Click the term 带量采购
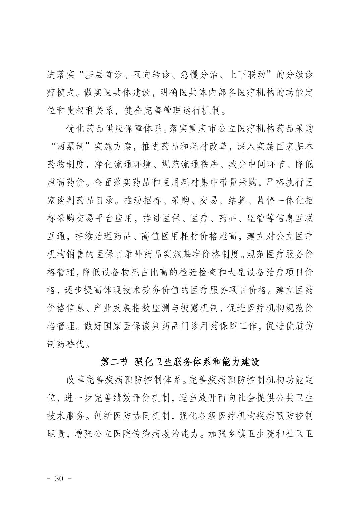229,182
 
